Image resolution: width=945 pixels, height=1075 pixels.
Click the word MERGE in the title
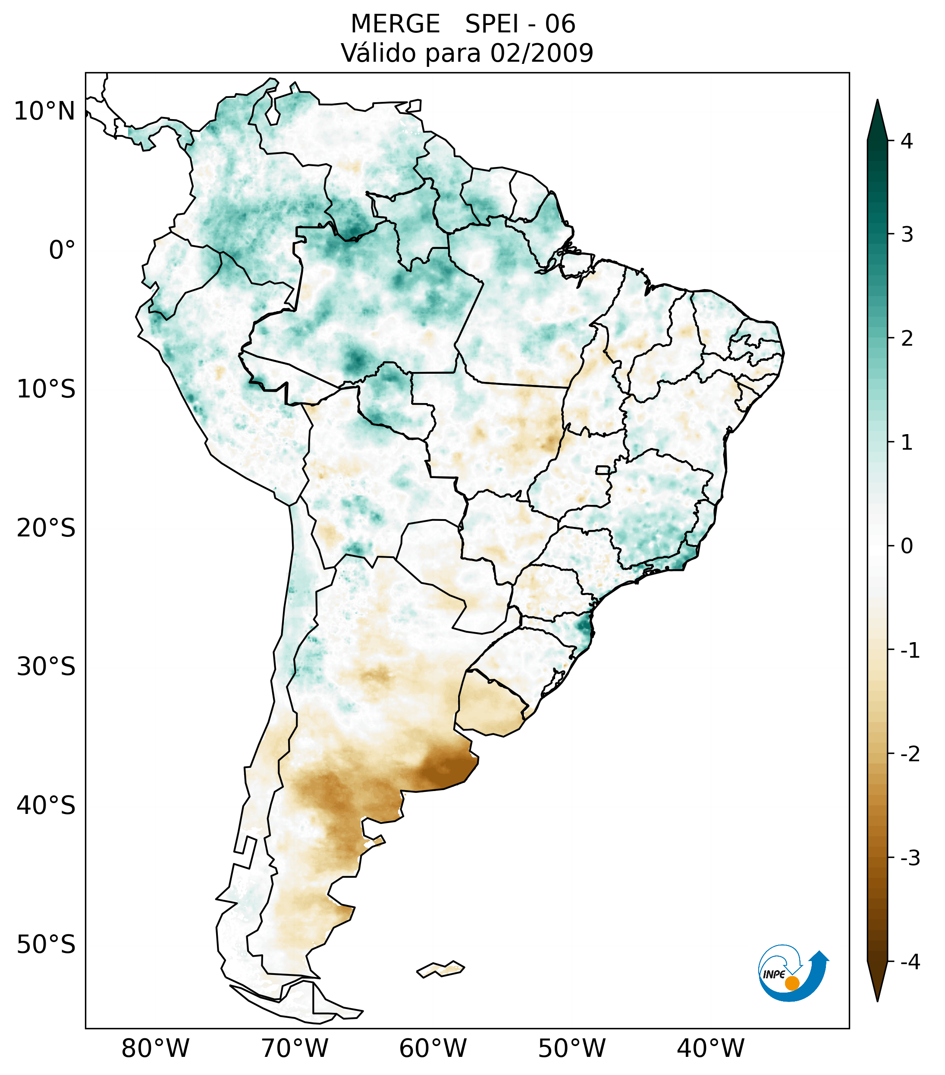395,24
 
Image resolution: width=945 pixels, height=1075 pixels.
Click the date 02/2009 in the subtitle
541,53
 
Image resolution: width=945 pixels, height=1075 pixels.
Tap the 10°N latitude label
44,111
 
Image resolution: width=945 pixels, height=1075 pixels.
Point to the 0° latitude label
62,250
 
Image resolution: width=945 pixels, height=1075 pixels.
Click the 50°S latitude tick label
46,945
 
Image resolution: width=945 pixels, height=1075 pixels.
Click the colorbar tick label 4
907,141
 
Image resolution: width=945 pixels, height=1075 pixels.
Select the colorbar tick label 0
907,546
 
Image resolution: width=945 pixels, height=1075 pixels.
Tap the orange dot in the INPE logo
791,983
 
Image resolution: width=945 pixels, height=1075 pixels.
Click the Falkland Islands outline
440,969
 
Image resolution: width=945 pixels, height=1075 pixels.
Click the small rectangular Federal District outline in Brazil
603,470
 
